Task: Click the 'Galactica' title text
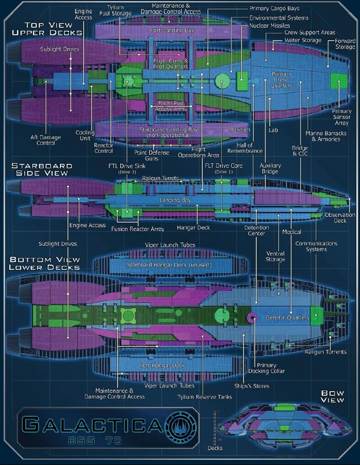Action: click(x=93, y=424)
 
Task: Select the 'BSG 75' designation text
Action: click(x=95, y=440)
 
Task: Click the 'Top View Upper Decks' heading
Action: click(x=47, y=29)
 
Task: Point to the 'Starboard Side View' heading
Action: click(x=42, y=170)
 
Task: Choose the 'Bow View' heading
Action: click(x=332, y=397)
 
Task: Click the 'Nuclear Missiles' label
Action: click(x=269, y=26)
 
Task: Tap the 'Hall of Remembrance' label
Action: click(x=245, y=147)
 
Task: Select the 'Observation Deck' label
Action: click(x=340, y=218)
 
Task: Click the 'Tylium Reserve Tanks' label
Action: click(x=205, y=397)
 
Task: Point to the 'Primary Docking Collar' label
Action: click(x=266, y=368)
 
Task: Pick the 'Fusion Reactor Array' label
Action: click(x=138, y=229)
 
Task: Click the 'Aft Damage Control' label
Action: click(x=46, y=140)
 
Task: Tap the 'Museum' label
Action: click(x=239, y=129)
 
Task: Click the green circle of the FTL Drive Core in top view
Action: click(x=222, y=80)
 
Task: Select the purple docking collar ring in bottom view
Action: click(x=253, y=318)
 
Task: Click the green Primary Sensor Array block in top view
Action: click(x=338, y=81)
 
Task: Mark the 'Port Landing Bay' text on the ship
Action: click(x=172, y=30)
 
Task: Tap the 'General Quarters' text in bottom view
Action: click(x=287, y=318)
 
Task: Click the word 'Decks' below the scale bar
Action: click(x=215, y=448)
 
